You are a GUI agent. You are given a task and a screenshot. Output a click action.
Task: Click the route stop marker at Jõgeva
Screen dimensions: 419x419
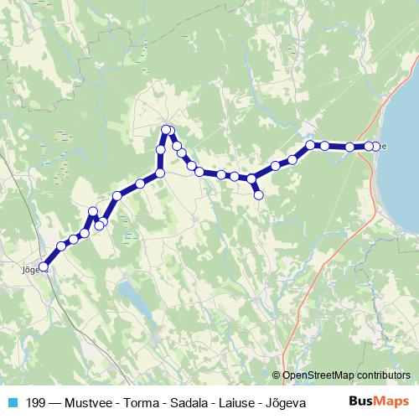(x=44, y=267)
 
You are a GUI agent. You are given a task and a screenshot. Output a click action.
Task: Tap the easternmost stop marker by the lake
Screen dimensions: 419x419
(x=377, y=146)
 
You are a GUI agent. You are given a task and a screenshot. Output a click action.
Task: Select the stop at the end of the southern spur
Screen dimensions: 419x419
(x=259, y=195)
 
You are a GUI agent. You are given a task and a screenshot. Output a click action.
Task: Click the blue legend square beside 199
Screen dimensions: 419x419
(x=12, y=402)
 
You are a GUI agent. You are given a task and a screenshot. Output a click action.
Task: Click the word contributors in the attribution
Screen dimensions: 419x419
(x=385, y=375)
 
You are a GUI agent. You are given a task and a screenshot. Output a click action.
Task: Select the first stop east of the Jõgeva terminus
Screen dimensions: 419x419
(x=61, y=246)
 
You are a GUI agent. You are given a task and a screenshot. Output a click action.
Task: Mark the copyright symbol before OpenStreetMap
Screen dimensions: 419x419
(x=277, y=375)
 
